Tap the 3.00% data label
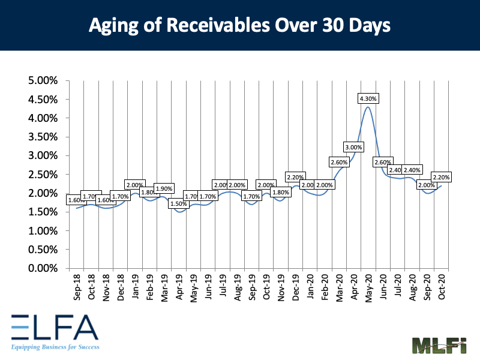click(x=353, y=147)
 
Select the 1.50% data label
click(x=178, y=203)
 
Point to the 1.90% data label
click(x=164, y=188)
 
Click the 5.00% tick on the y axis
click(x=44, y=80)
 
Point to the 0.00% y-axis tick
click(x=44, y=268)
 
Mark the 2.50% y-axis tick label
click(x=44, y=175)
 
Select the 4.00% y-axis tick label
click(x=44, y=118)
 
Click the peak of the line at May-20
click(x=368, y=107)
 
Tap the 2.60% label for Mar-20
click(x=339, y=162)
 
